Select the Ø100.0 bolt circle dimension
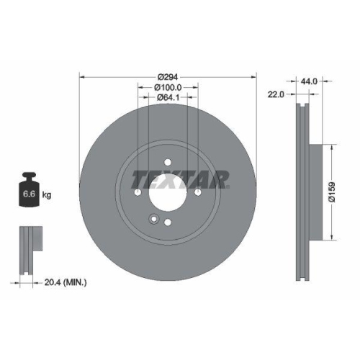point(168,86)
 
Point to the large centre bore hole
point(167,192)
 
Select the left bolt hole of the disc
point(137,192)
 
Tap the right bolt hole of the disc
point(198,192)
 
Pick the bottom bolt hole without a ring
point(168,223)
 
